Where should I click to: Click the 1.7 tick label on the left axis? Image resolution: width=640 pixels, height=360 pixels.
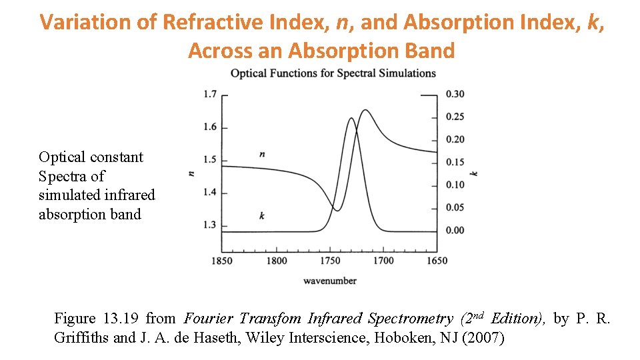click(x=210, y=95)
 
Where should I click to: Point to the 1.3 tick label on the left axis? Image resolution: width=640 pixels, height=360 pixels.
click(x=210, y=225)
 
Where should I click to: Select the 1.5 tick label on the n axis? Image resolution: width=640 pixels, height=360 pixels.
click(x=210, y=160)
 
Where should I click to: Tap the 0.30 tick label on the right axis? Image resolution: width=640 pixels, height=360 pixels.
click(x=455, y=94)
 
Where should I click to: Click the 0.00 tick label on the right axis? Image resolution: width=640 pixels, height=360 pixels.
click(x=455, y=231)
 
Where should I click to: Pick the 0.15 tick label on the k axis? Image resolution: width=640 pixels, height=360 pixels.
click(x=455, y=162)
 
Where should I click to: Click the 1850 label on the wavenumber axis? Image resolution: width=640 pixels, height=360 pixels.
click(x=221, y=261)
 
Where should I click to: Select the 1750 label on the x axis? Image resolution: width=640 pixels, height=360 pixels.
click(x=329, y=261)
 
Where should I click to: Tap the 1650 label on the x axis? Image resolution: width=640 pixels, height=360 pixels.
click(x=437, y=261)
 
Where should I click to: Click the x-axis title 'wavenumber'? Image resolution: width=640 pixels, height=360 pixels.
click(x=329, y=281)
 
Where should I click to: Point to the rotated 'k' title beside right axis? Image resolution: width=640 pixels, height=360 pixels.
click(x=474, y=173)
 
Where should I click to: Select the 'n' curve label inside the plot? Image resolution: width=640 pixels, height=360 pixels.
click(x=262, y=155)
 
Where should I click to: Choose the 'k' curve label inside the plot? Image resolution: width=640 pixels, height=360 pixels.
click(x=262, y=215)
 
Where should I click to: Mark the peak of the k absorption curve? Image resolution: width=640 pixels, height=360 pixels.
click(x=351, y=119)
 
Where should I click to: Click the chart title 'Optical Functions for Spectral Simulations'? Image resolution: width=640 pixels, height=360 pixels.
click(x=333, y=73)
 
